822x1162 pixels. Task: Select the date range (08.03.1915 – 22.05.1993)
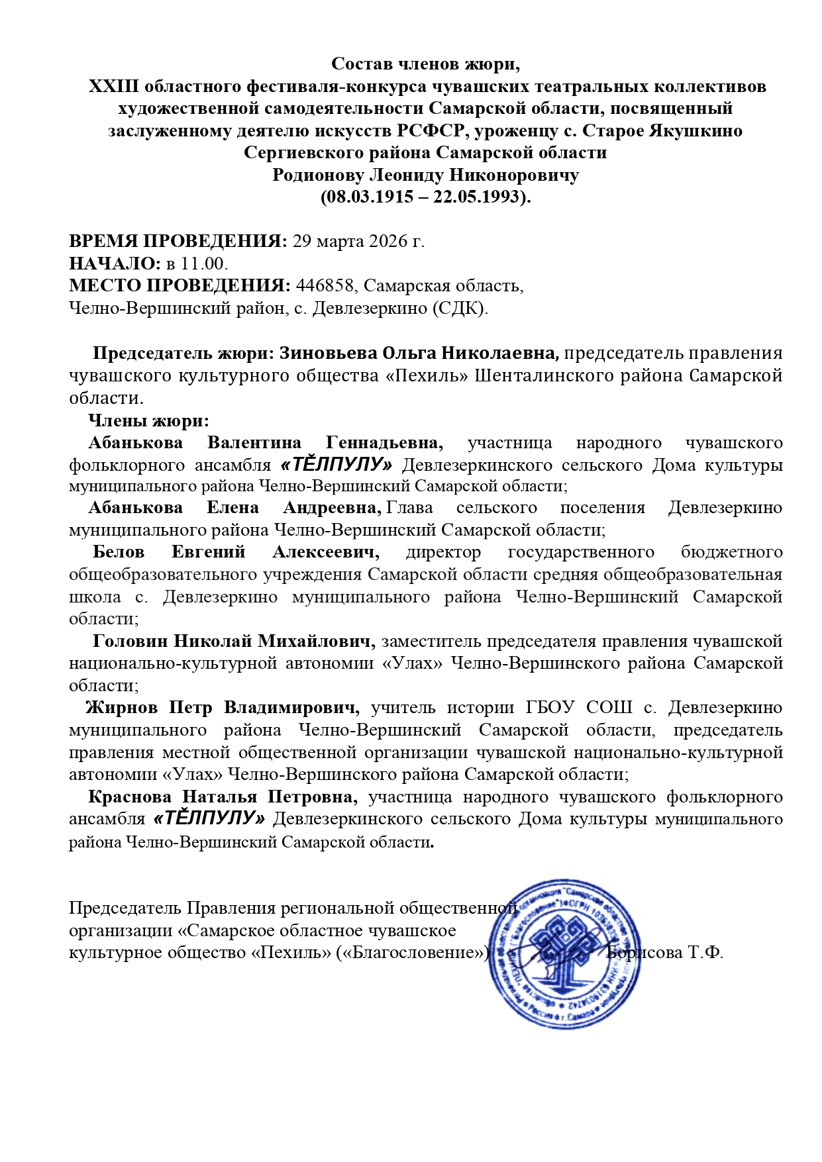426,197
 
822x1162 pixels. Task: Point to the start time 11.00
204,264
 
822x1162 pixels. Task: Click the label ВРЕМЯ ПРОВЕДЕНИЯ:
178,241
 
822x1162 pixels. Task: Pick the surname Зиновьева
329,353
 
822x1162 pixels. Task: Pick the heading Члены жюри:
148,420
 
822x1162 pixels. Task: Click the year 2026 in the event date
385,241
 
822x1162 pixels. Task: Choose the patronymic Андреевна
331,508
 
